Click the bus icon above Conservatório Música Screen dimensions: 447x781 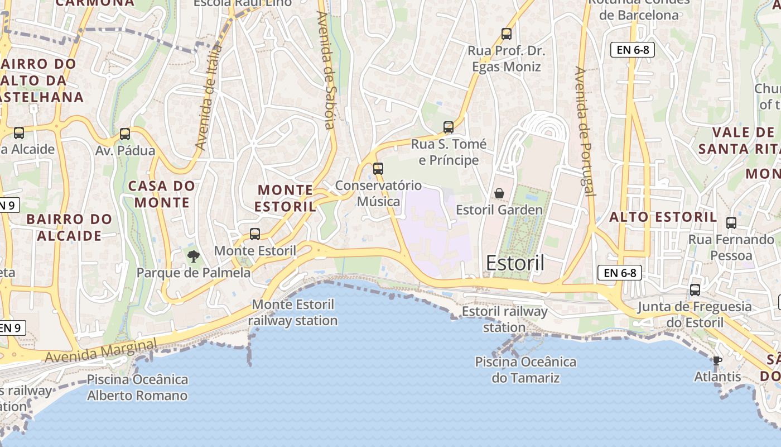[x=378, y=168]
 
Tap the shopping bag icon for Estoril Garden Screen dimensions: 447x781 [x=499, y=193]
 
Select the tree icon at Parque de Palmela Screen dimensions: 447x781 [x=194, y=256]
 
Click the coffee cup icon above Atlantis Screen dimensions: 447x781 [x=717, y=360]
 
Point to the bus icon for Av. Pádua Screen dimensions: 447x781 [x=124, y=134]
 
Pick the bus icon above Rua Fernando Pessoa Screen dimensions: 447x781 [x=731, y=223]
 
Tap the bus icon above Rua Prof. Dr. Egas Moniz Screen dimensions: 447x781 [x=506, y=34]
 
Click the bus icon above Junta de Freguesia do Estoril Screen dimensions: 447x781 [x=695, y=290]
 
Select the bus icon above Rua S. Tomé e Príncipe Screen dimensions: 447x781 [x=449, y=127]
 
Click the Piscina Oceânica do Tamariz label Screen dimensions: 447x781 [x=526, y=370]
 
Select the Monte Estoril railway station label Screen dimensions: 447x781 [x=293, y=312]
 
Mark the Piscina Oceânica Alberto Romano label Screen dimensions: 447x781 [x=137, y=388]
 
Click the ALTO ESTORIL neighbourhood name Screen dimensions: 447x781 [x=663, y=217]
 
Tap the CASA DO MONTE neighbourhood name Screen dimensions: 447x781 [x=162, y=194]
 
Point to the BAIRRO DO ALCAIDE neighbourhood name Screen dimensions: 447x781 [x=69, y=227]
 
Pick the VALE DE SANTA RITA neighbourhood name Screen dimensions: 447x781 [x=738, y=141]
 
